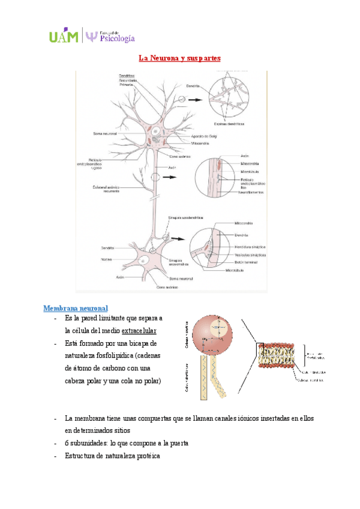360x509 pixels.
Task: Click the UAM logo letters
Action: [x=64, y=37]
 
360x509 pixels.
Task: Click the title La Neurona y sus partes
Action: [x=180, y=59]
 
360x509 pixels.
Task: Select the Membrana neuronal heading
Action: [x=76, y=309]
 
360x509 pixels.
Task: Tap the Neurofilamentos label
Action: [x=252, y=192]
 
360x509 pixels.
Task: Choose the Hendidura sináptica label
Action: [x=251, y=247]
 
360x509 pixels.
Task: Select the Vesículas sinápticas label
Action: [x=251, y=254]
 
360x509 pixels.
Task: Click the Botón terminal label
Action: [x=246, y=262]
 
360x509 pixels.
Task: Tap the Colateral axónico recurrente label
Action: [x=106, y=188]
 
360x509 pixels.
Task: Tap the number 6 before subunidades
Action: [x=67, y=443]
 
